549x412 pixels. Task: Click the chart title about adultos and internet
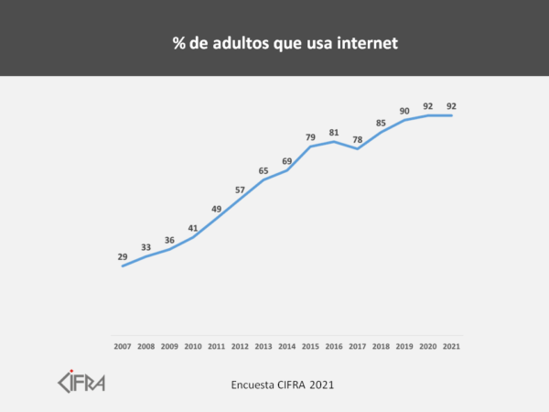pyautogui.click(x=274, y=43)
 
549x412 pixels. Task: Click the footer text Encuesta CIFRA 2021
pyautogui.click(x=283, y=385)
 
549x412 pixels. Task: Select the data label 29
pyautogui.click(x=123, y=257)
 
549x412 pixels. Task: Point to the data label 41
pyautogui.click(x=193, y=228)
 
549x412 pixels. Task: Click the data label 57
pyautogui.click(x=240, y=190)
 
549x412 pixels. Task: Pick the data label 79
pyautogui.click(x=311, y=136)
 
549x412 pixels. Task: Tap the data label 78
pyautogui.click(x=358, y=139)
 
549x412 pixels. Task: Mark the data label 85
pyautogui.click(x=382, y=123)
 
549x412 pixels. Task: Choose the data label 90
pyautogui.click(x=404, y=111)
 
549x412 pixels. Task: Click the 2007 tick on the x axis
pyautogui.click(x=123, y=346)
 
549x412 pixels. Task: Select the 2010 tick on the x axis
pyautogui.click(x=193, y=346)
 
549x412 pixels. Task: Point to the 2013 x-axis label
pyautogui.click(x=264, y=346)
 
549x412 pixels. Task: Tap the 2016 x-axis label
pyautogui.click(x=334, y=346)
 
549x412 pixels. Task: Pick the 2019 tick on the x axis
pyautogui.click(x=404, y=346)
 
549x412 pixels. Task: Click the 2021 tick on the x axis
pyautogui.click(x=451, y=346)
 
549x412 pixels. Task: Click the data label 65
pyautogui.click(x=264, y=170)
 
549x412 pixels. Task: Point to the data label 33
pyautogui.click(x=146, y=247)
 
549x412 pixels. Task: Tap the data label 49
pyautogui.click(x=217, y=209)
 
